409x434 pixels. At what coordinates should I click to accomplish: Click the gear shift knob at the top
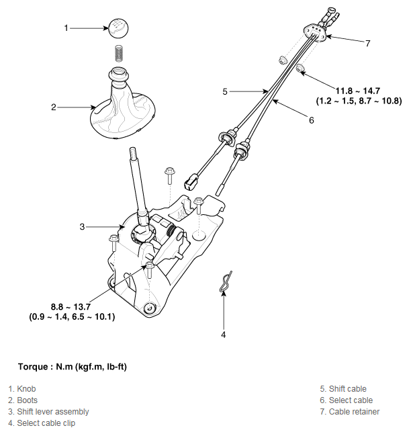click(x=119, y=29)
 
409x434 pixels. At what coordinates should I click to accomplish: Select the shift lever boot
click(x=122, y=107)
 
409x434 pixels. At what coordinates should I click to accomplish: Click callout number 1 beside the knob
click(x=66, y=28)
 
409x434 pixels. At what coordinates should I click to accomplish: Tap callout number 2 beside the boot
click(x=54, y=106)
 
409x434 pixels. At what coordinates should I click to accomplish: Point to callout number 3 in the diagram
click(x=82, y=227)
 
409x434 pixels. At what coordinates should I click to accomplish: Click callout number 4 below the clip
click(x=224, y=334)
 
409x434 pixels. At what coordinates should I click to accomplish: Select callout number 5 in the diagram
click(x=226, y=90)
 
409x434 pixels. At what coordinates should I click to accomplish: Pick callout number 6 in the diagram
click(x=311, y=120)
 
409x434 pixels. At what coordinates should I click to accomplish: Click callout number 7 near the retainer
click(x=368, y=44)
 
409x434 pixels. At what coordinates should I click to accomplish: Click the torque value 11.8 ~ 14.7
click(x=359, y=90)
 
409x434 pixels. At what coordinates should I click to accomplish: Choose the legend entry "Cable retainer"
click(x=350, y=411)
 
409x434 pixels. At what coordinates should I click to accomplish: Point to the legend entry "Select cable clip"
click(x=42, y=423)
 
